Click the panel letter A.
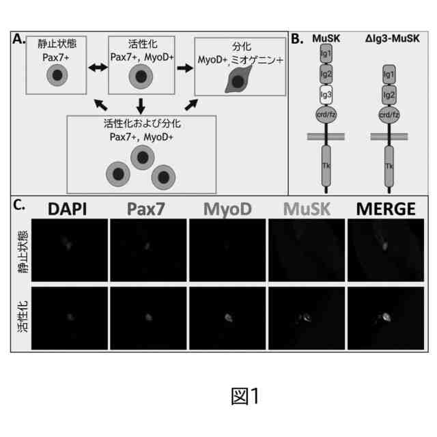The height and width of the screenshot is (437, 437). click(18, 39)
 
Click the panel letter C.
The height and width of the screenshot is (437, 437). click(20, 204)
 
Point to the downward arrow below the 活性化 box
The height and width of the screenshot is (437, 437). click(141, 104)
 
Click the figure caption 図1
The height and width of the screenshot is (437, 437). click(245, 397)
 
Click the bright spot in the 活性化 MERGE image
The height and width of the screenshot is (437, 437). click(386, 315)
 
